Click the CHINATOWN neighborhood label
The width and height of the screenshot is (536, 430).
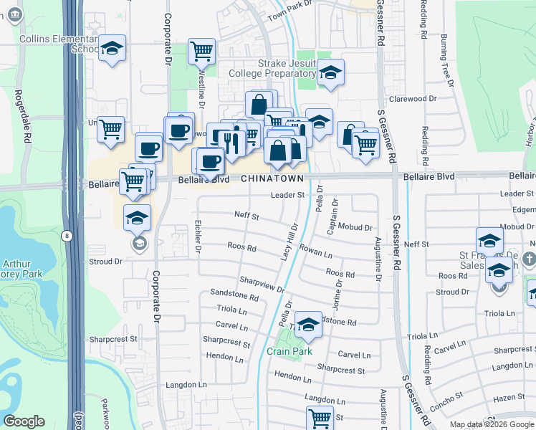pyautogui.click(x=272, y=178)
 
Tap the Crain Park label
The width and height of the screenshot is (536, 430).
pyautogui.click(x=289, y=352)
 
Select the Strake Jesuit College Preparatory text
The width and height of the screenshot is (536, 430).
pyautogui.click(x=272, y=68)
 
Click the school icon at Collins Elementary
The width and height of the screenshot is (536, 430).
pyautogui.click(x=111, y=49)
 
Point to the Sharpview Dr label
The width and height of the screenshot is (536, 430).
pyautogui.click(x=262, y=285)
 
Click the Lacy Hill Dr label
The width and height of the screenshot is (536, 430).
pyautogui.click(x=291, y=237)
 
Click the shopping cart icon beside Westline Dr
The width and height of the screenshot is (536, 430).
pyautogui.click(x=202, y=51)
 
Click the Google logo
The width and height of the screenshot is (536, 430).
pyautogui.click(x=24, y=421)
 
